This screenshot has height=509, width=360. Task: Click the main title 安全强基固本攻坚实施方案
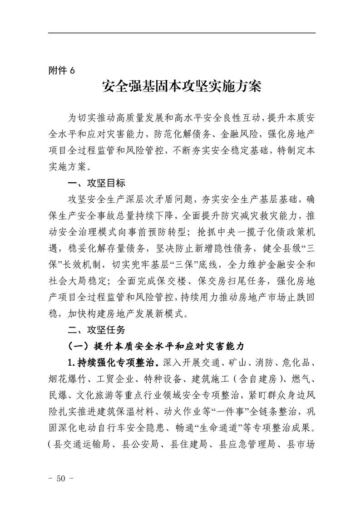[182, 87]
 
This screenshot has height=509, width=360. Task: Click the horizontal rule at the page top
[182, 33]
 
